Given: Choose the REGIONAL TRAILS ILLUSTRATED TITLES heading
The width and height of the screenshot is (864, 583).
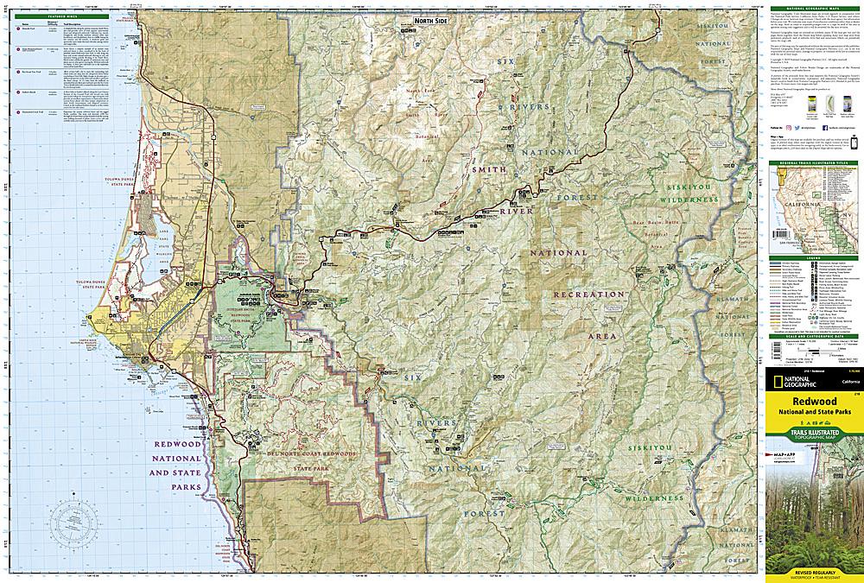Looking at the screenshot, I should click(x=810, y=161).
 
